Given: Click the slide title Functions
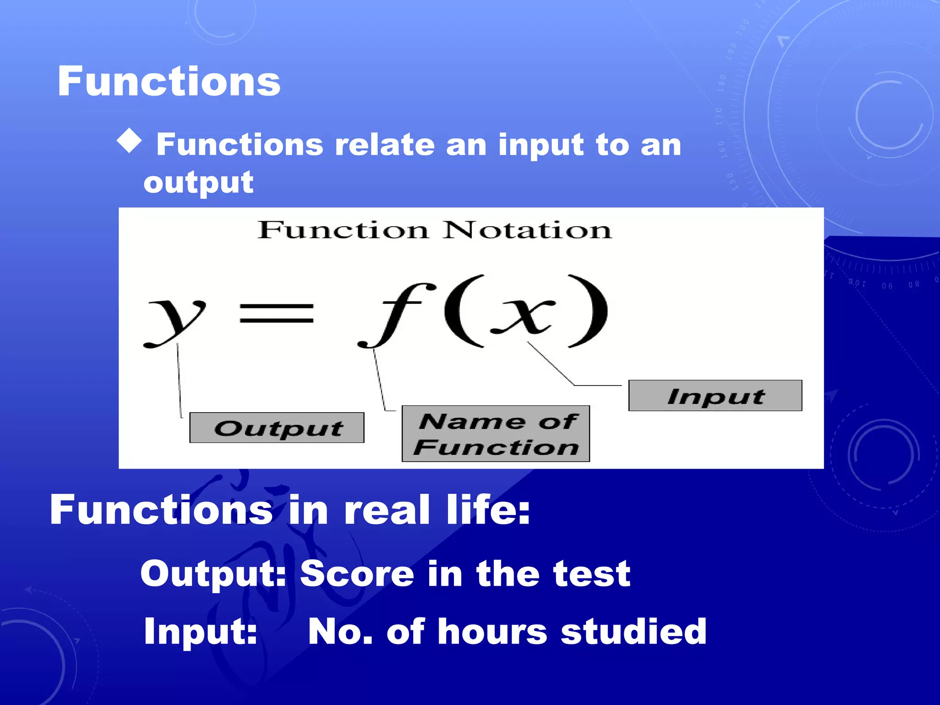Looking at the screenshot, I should pos(168,81).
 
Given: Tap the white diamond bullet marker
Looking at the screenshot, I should pos(129,140).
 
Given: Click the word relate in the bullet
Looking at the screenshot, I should pos(385,145).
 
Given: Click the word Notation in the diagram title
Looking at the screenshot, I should pos(527,230).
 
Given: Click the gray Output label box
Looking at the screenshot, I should pos(277,428).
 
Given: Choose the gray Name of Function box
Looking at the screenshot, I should pos(496,434).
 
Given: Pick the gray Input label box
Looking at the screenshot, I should pos(715,396).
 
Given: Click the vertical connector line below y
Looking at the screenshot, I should pos(179,381).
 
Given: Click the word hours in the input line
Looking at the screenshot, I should pos(492,632).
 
